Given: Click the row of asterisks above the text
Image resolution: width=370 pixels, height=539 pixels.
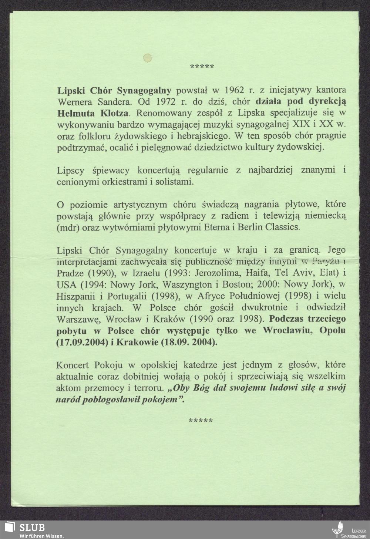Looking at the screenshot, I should point(202,67).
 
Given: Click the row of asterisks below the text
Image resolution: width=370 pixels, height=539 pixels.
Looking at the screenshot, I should point(201,421).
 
